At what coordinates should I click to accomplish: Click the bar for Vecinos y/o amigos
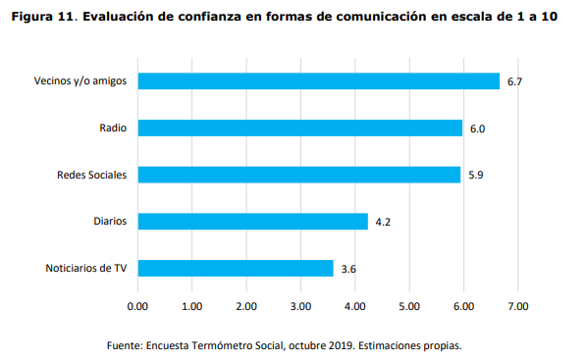pyautogui.click(x=319, y=81)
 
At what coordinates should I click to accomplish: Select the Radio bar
pyautogui.click(x=299, y=128)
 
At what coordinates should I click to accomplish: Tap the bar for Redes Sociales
pyautogui.click(x=298, y=175)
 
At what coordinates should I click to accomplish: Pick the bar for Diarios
pyautogui.click(x=252, y=222)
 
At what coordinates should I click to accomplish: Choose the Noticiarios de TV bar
pyautogui.click(x=236, y=268)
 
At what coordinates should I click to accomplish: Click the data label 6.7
pyautogui.click(x=513, y=81)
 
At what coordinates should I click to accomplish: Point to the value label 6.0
pyautogui.click(x=477, y=129)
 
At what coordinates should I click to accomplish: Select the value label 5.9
pyautogui.click(x=475, y=175)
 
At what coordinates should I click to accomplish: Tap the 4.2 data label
pyautogui.click(x=383, y=222)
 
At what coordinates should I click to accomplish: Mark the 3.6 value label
pyautogui.click(x=348, y=269)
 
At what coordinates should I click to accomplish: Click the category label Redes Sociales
pyautogui.click(x=93, y=175)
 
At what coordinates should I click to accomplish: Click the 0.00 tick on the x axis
pyautogui.click(x=138, y=306)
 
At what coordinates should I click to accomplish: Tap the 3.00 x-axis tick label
pyautogui.click(x=300, y=306)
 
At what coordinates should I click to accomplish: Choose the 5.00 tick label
pyautogui.click(x=409, y=306)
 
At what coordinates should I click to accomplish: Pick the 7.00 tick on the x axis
pyautogui.click(x=517, y=306)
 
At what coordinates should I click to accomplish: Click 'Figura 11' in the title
pyautogui.click(x=41, y=18)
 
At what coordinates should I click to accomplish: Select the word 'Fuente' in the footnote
pyautogui.click(x=124, y=345)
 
